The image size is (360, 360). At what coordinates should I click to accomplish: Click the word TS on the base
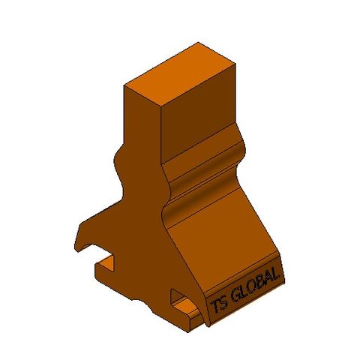pyautogui.click(x=217, y=304)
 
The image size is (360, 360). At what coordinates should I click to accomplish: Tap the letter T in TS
pyautogui.click(x=214, y=306)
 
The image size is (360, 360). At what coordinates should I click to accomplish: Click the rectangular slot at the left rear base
pyautogui.click(x=105, y=264)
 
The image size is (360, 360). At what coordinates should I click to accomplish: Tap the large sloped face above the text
pyautogui.click(x=225, y=240)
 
